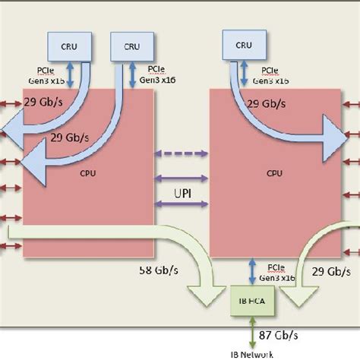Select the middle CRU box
[x=133, y=46]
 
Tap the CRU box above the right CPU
[x=244, y=46]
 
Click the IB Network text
[x=251, y=353]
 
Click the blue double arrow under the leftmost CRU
[x=69, y=74]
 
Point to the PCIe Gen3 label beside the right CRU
[x=270, y=74]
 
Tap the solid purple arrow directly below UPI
[x=182, y=204]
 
